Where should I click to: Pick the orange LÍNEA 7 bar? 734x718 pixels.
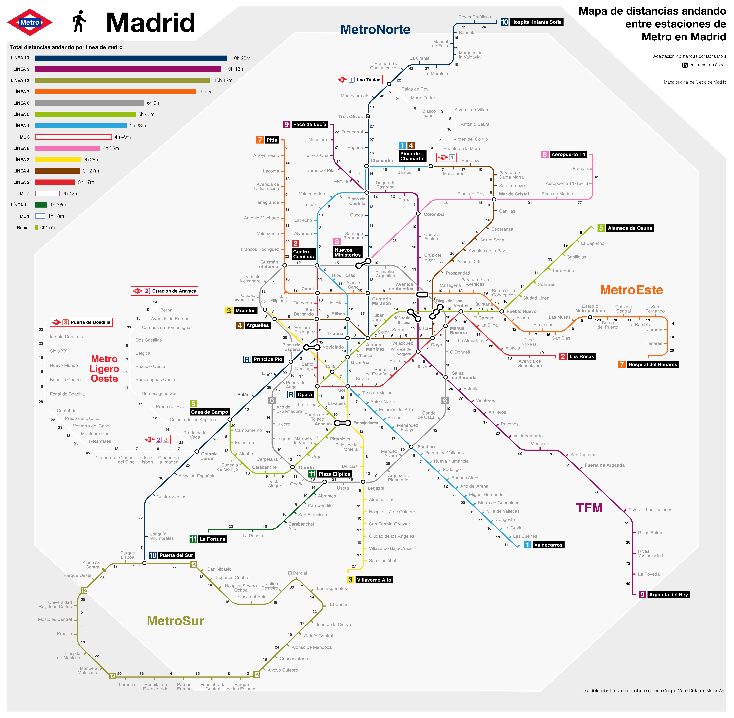[x=115, y=92]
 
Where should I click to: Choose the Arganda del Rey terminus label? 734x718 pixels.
[x=668, y=595]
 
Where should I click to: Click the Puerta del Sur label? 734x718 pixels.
[x=176, y=555]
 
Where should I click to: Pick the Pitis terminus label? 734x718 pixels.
[x=271, y=140]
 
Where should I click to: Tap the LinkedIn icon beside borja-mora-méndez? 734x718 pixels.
[x=685, y=65]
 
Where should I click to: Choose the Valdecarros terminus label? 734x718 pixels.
[x=548, y=545]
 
